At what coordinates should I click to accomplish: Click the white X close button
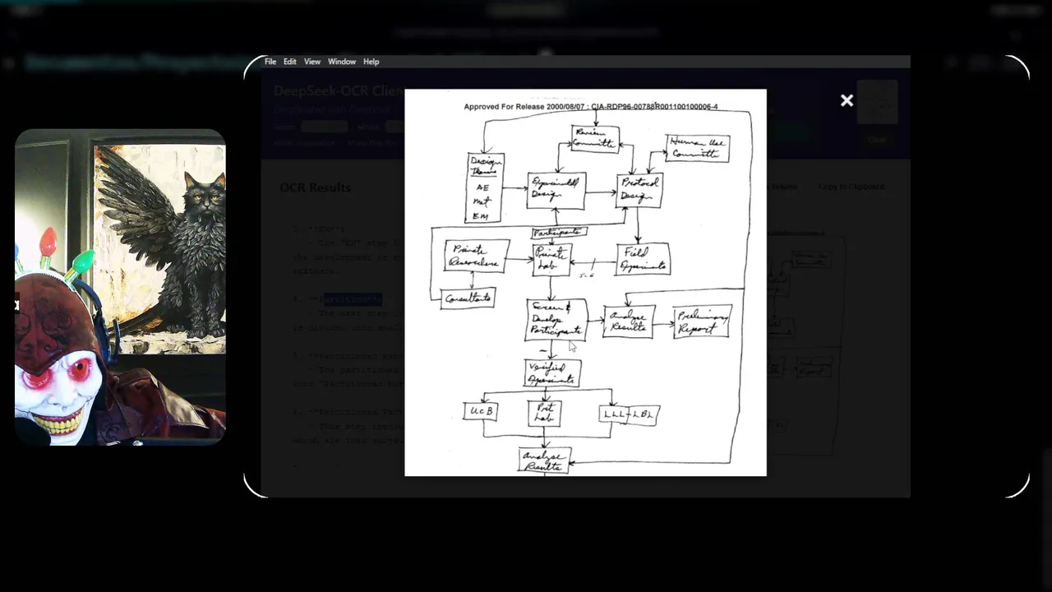tap(847, 100)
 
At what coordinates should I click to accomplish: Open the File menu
tap(270, 62)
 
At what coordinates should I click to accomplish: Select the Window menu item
tap(342, 62)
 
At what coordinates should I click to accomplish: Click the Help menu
tap(371, 62)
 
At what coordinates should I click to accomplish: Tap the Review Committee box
tap(594, 139)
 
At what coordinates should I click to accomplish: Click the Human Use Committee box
tap(697, 148)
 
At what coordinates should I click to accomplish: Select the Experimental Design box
tap(556, 190)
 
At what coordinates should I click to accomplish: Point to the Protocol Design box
tap(639, 190)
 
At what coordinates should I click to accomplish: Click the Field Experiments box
tap(643, 258)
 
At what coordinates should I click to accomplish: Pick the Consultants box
tap(468, 298)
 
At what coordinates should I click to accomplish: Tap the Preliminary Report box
tap(701, 321)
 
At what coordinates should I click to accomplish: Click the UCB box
tap(480, 409)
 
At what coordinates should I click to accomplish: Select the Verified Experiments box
tap(552, 373)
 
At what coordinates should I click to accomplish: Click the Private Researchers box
tap(477, 256)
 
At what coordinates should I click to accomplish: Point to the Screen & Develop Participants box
tap(556, 320)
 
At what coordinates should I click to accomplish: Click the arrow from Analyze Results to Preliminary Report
tap(664, 322)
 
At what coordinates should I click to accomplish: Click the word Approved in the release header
tap(484, 107)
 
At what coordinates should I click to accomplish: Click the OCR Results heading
tap(315, 187)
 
